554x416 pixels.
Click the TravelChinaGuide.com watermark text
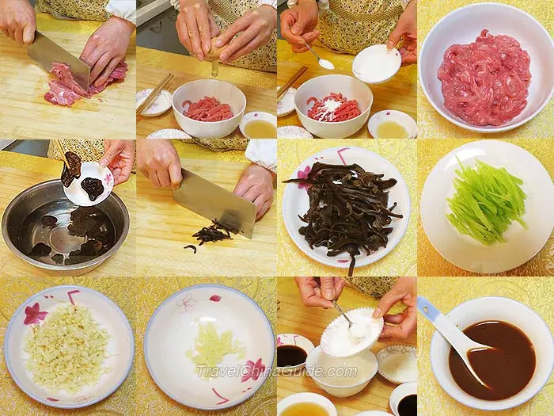click(277, 372)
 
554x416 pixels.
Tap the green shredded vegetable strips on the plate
click(487, 202)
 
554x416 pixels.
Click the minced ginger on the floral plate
click(67, 349)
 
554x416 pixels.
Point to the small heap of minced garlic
click(214, 345)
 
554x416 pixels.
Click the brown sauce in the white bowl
click(492, 360)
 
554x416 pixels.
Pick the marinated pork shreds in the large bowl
click(484, 78)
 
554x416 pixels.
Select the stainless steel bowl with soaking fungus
click(66, 227)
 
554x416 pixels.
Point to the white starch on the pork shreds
click(331, 106)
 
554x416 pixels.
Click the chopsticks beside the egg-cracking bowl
click(155, 94)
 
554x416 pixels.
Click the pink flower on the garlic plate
click(253, 370)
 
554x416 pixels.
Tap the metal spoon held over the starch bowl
click(342, 314)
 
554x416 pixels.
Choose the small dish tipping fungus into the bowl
click(89, 184)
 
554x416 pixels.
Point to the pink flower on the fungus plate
click(304, 174)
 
